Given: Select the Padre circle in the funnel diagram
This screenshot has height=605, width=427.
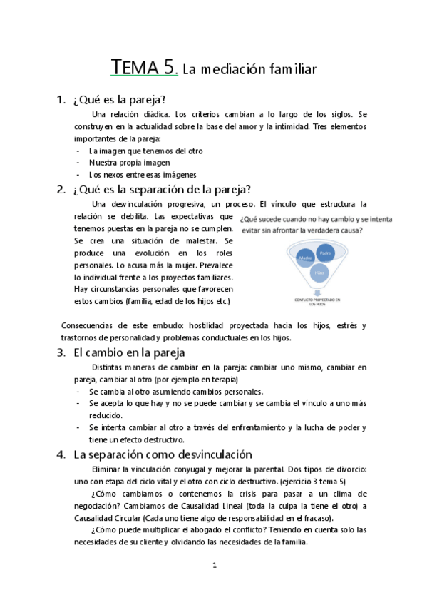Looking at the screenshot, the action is tap(326, 253).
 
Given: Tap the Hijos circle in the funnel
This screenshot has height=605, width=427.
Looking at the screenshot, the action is tap(318, 273).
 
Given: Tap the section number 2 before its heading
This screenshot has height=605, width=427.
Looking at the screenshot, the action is tap(60, 189).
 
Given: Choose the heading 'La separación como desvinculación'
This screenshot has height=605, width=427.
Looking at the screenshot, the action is tap(163, 454).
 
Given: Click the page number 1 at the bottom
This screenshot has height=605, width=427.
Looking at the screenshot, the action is tap(214, 565).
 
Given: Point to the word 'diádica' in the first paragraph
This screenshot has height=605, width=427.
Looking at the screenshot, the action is tap(155, 114).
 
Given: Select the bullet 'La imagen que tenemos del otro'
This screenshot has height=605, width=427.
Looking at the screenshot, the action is tap(146, 151).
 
